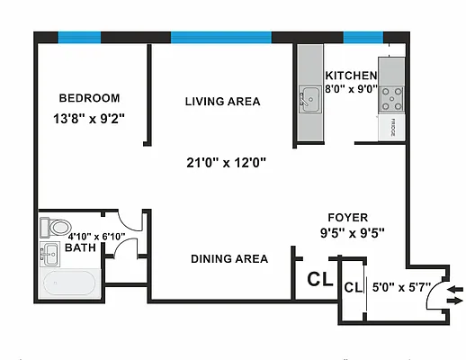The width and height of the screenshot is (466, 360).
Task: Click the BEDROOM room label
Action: click(x=89, y=98)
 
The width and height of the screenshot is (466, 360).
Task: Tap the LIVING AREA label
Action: click(x=222, y=102)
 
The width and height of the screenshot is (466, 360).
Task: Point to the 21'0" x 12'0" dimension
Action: click(x=226, y=163)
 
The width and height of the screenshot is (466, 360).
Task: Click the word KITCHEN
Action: click(x=350, y=76)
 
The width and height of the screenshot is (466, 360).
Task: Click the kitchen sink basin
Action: click(x=309, y=97)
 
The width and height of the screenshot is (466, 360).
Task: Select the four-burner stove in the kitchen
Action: click(x=392, y=94)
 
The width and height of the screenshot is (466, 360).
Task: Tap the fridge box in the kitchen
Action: click(x=392, y=128)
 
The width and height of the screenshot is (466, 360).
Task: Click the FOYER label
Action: click(x=346, y=217)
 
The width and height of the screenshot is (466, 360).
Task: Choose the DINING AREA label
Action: click(x=229, y=259)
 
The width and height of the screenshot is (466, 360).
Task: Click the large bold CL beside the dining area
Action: click(x=320, y=278)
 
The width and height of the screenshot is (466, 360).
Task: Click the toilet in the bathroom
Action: click(x=58, y=227)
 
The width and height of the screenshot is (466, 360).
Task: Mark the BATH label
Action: click(x=80, y=248)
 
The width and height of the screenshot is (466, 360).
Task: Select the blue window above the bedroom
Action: click(x=83, y=37)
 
